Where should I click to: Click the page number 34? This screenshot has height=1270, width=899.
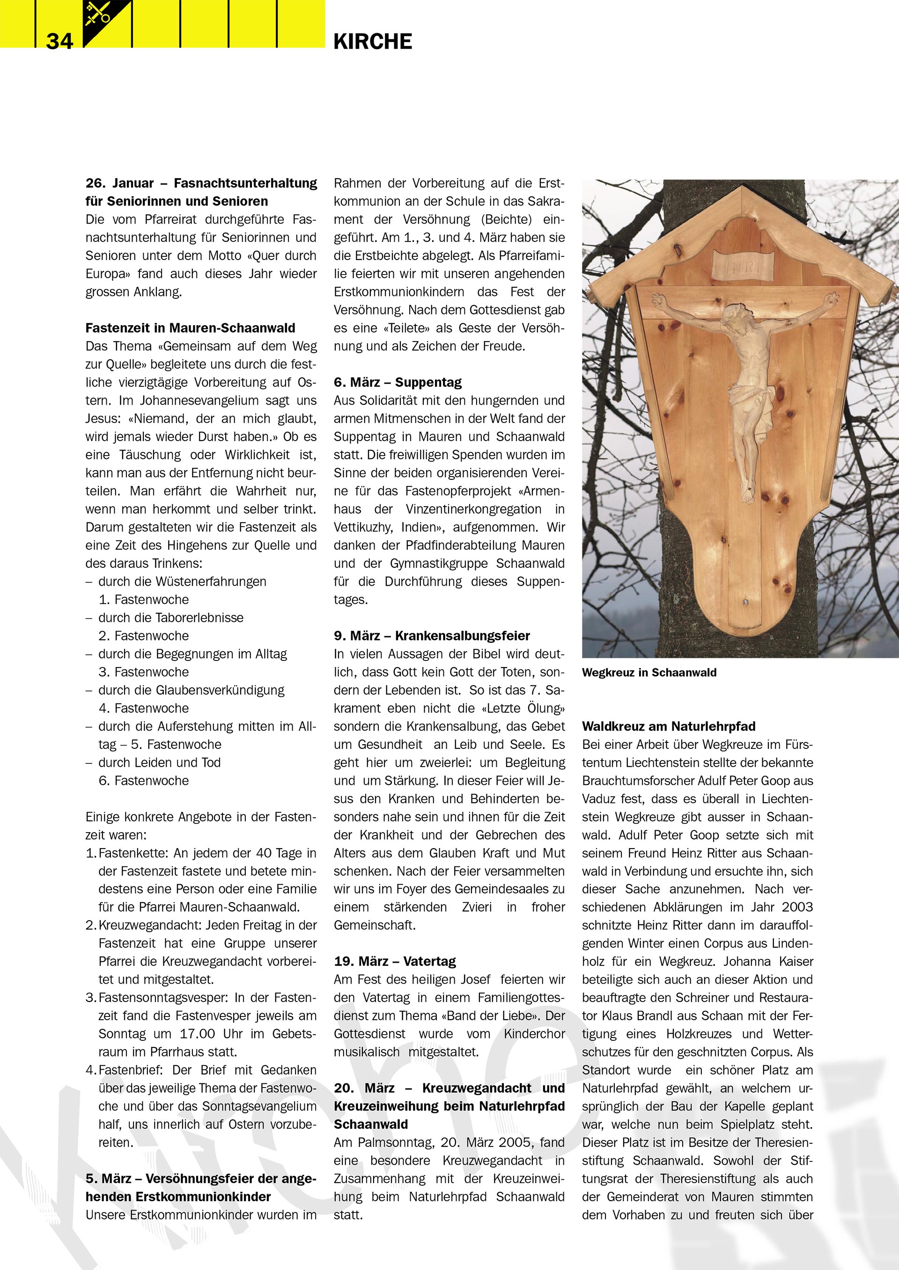tap(59, 41)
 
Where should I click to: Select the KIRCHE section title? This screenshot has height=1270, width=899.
tap(373, 42)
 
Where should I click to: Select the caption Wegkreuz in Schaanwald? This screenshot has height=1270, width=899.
tap(649, 673)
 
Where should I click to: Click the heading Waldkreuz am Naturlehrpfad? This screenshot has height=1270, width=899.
tap(668, 726)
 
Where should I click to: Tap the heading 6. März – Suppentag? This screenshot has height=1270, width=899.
tap(397, 382)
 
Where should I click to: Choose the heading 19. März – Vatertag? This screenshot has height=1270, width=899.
tap(394, 961)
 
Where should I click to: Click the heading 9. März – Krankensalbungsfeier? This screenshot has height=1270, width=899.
tap(431, 636)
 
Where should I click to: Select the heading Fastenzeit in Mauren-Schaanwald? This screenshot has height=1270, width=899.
tap(190, 328)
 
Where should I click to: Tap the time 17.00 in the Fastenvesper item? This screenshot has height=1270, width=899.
tap(198, 1034)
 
